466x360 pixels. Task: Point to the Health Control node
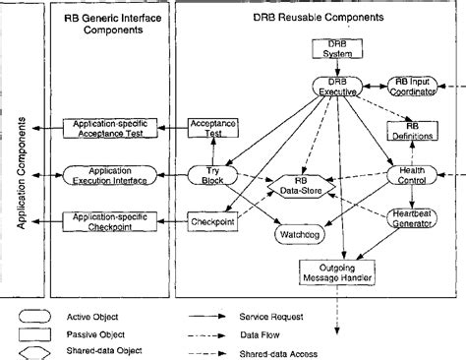[411, 175]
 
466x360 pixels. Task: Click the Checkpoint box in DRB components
[213, 223]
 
